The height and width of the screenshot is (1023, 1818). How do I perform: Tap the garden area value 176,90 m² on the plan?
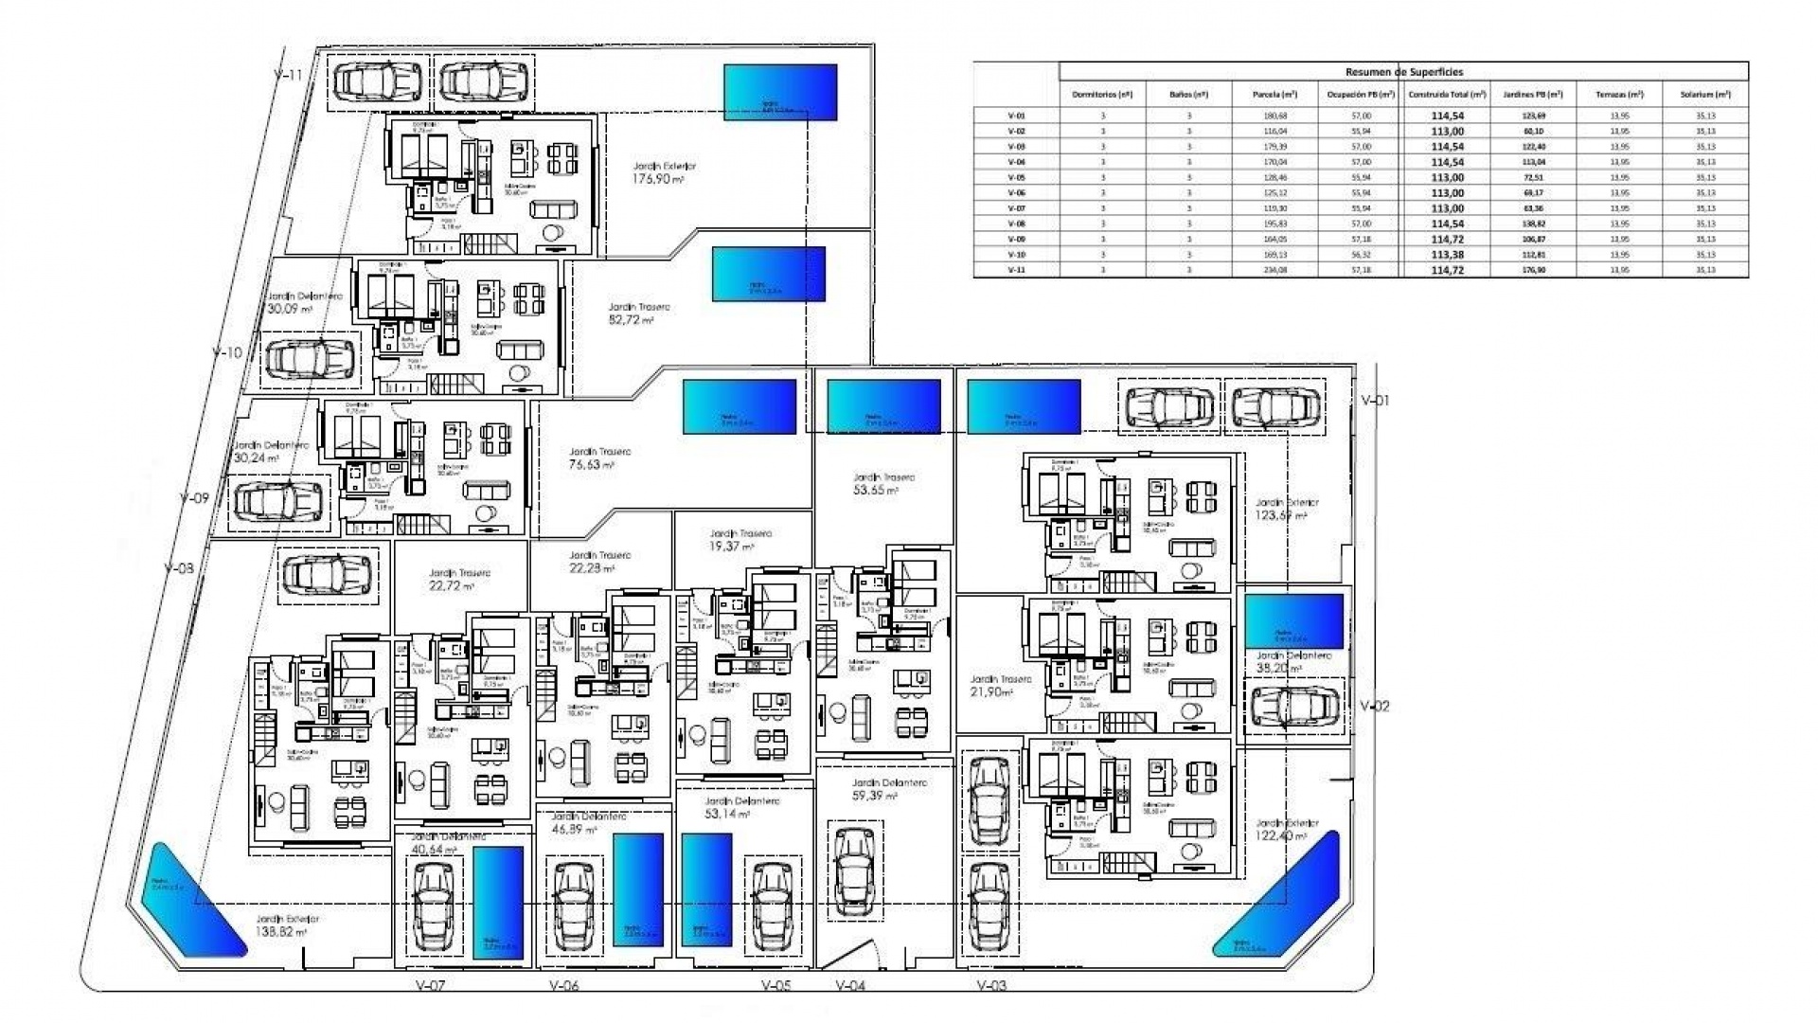[x=658, y=178]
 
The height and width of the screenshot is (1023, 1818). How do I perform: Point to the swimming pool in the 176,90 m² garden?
[x=780, y=92]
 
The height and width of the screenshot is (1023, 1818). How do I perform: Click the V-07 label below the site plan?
[x=430, y=985]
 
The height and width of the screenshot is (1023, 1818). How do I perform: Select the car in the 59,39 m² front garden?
[x=856, y=870]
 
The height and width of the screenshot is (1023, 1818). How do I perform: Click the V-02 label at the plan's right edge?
[x=1375, y=706]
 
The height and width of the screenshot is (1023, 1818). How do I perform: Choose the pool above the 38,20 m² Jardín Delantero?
[x=1293, y=621]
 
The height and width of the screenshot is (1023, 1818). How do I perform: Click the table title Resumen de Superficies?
[x=1403, y=72]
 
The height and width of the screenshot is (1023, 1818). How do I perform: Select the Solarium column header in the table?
[x=1705, y=95]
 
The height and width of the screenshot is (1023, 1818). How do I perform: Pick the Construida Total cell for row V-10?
[x=1447, y=255]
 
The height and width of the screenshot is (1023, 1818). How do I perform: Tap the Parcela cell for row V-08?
[x=1275, y=224]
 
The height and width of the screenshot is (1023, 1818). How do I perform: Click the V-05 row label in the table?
[x=1016, y=177]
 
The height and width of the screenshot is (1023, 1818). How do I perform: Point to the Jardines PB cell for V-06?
[x=1533, y=193]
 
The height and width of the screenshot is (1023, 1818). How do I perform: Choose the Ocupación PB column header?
[x=1361, y=95]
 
